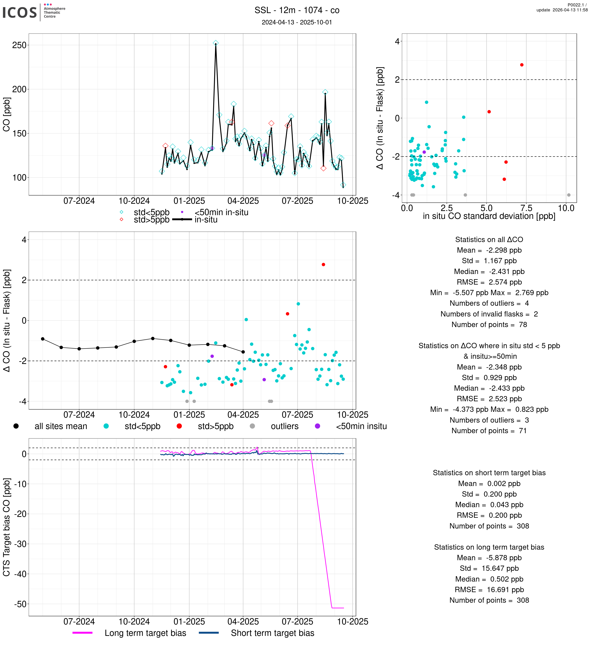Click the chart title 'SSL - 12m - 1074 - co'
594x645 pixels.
[297, 10]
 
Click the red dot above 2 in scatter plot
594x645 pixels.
[522, 65]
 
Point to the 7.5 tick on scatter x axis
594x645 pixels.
[526, 208]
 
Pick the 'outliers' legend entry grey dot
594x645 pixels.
[252, 426]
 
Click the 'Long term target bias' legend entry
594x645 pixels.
[145, 633]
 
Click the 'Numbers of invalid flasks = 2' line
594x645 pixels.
[489, 314]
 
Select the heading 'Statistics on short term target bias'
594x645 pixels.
[489, 473]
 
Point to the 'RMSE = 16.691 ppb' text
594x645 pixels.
[489, 589]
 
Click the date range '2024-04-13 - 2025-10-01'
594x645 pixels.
[297, 22]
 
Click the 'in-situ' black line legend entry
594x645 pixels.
[206, 220]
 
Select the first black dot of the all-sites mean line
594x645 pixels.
[43, 339]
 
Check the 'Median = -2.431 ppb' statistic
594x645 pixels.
[489, 272]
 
